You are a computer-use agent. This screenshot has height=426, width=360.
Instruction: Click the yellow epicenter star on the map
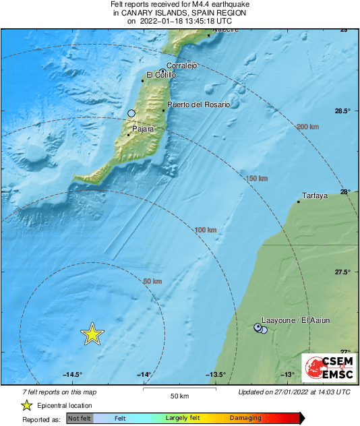(92, 334)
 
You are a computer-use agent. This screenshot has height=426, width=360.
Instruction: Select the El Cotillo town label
(161, 75)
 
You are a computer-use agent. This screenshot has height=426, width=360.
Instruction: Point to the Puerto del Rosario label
(198, 105)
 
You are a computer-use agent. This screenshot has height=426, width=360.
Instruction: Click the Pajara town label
(143, 129)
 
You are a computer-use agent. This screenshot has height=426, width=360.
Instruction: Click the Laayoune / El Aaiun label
(296, 321)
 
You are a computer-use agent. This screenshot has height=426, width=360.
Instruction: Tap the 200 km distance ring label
(307, 127)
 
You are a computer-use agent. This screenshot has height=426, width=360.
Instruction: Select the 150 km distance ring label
(257, 179)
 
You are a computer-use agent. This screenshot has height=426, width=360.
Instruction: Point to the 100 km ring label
(206, 231)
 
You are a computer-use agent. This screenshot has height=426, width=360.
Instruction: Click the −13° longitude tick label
(288, 375)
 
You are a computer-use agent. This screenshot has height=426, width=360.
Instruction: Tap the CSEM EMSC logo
(326, 368)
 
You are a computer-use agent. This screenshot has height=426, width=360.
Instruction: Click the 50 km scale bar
(179, 389)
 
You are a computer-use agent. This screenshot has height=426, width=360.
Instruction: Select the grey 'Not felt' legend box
(80, 419)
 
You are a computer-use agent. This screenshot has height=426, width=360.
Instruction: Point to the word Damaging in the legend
(245, 419)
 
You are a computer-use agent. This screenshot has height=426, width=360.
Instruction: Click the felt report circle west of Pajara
(132, 113)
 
